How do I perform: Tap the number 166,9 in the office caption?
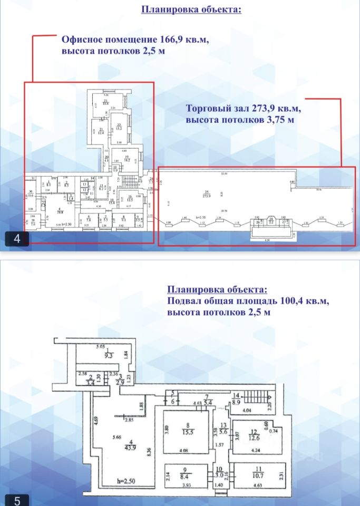click(x=171, y=40)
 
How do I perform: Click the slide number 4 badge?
click(x=17, y=239)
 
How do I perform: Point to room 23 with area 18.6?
click(x=105, y=104)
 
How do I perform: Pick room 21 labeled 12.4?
click(x=101, y=132)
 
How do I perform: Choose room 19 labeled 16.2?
click(x=127, y=159)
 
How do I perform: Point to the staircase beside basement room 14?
click(x=259, y=397)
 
